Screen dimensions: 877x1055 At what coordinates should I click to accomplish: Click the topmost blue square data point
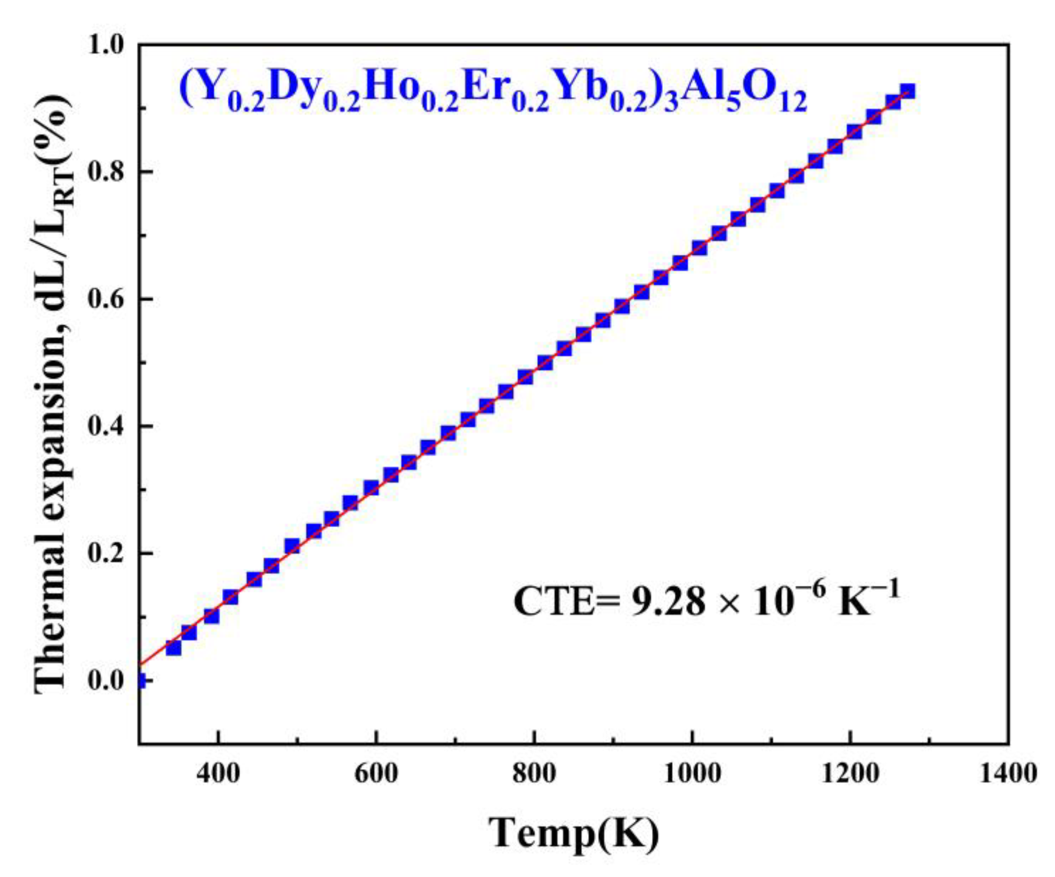(x=907, y=91)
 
